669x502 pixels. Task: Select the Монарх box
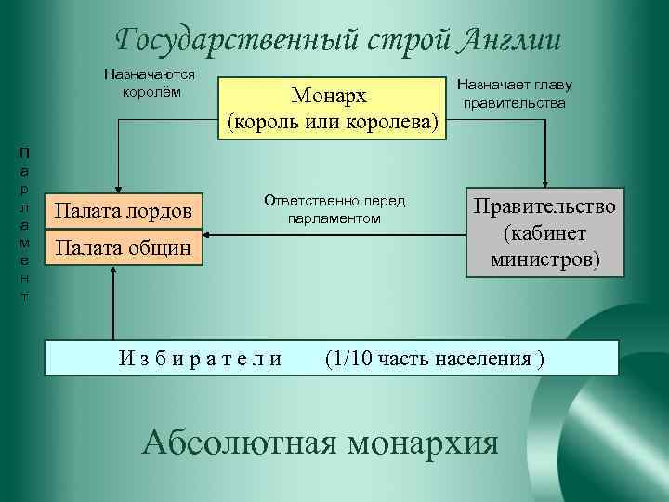330,109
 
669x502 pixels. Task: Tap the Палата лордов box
124,211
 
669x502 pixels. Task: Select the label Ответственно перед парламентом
335,209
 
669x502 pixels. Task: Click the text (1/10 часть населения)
434,358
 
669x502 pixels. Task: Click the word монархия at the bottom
423,441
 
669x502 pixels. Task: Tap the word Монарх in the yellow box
330,97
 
